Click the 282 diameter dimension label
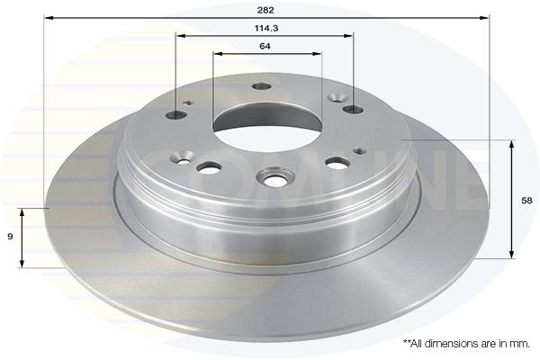coord(265,10)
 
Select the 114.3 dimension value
coord(266,28)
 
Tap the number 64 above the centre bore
coord(265,46)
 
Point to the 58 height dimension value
coord(526,201)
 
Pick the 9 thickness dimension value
coord(10,237)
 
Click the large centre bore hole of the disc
coord(267,128)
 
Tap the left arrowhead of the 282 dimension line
coord(49,17)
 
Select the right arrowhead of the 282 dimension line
coord(484,17)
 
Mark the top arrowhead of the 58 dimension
coord(512,144)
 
